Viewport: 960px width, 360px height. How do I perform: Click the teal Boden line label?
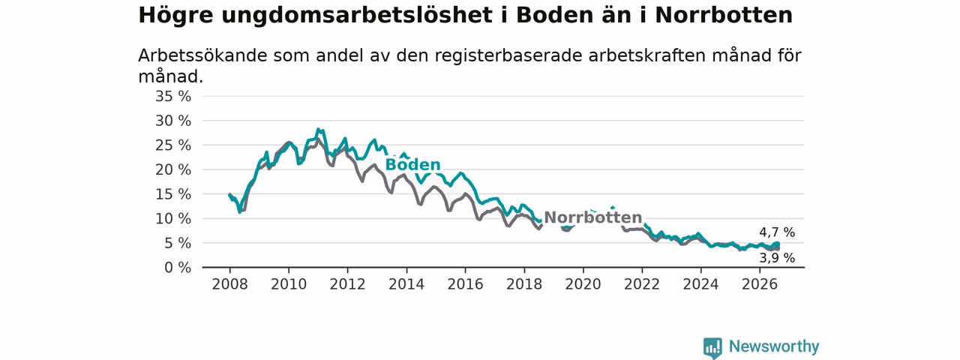pos(412,164)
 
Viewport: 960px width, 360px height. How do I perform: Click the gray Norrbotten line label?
pos(593,217)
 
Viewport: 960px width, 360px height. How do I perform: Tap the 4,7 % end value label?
pos(777,232)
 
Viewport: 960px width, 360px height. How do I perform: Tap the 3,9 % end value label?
pos(777,257)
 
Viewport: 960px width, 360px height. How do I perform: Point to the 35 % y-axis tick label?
pos(173,97)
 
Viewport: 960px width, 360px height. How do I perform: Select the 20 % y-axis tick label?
pos(173,169)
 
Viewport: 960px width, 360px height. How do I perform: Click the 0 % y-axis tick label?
pos(178,268)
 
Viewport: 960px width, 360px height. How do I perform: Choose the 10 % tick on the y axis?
pos(173,218)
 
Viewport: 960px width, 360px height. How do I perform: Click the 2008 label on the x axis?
pos(229,284)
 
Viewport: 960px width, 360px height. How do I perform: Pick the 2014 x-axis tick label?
pos(406,284)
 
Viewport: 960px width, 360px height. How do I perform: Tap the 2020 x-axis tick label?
pos(583,284)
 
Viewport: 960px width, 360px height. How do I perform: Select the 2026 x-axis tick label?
pos(760,284)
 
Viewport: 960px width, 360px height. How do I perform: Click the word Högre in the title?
pos(175,16)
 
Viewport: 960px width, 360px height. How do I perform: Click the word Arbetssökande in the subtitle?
pos(202,55)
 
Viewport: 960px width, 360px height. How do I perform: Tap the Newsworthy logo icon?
pos(712,346)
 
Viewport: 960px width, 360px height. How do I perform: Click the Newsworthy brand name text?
pos(774,346)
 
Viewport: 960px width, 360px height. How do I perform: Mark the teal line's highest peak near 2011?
pos(318,129)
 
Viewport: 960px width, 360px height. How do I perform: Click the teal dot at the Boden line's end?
pos(776,244)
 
